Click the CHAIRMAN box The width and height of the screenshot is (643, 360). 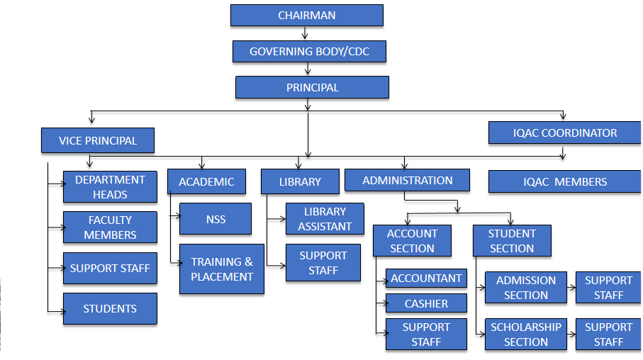click(306, 16)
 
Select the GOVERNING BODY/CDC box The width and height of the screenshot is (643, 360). click(309, 52)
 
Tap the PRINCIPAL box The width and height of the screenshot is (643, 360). click(312, 88)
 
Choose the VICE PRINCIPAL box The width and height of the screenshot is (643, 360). click(97, 140)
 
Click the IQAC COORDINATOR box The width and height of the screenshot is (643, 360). click(564, 133)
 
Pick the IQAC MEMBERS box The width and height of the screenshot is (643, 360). click(564, 181)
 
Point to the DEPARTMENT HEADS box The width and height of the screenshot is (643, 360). click(110, 187)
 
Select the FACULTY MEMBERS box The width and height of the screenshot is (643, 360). click(110, 227)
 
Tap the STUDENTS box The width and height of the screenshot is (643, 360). click(110, 309)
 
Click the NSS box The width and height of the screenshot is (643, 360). click(216, 219)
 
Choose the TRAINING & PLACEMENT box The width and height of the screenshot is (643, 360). click(221, 269)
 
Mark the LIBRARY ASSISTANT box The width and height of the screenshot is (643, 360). click(325, 219)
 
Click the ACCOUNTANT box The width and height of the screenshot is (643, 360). click(426, 279)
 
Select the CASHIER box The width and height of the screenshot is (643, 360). click(426, 303)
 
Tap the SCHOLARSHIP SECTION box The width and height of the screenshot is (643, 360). click(525, 334)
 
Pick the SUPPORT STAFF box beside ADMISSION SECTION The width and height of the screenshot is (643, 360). click(608, 288)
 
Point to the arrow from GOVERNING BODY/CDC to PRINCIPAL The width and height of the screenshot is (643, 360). click(308, 69)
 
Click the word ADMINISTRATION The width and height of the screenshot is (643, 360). click(407, 181)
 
